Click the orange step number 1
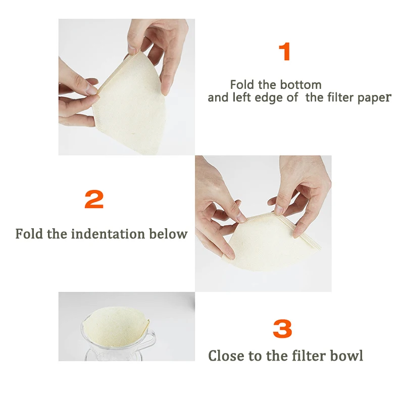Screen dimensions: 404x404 pyautogui.click(x=285, y=52)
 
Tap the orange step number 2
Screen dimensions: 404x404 pyautogui.click(x=94, y=199)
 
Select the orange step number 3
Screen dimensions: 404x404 pyautogui.click(x=282, y=329)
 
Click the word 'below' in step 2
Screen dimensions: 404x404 pyautogui.click(x=168, y=234)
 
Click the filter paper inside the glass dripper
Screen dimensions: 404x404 pyautogui.click(x=116, y=325)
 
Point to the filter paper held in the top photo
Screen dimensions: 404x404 pyautogui.click(x=129, y=103)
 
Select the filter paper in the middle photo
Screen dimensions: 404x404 pyautogui.click(x=271, y=242)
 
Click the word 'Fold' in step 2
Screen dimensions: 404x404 pyautogui.click(x=29, y=234)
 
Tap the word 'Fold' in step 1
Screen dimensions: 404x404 pyautogui.click(x=242, y=85)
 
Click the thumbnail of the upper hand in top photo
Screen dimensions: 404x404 pyautogui.click(x=132, y=49)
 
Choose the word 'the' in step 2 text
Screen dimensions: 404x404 pyautogui.click(x=57, y=234)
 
